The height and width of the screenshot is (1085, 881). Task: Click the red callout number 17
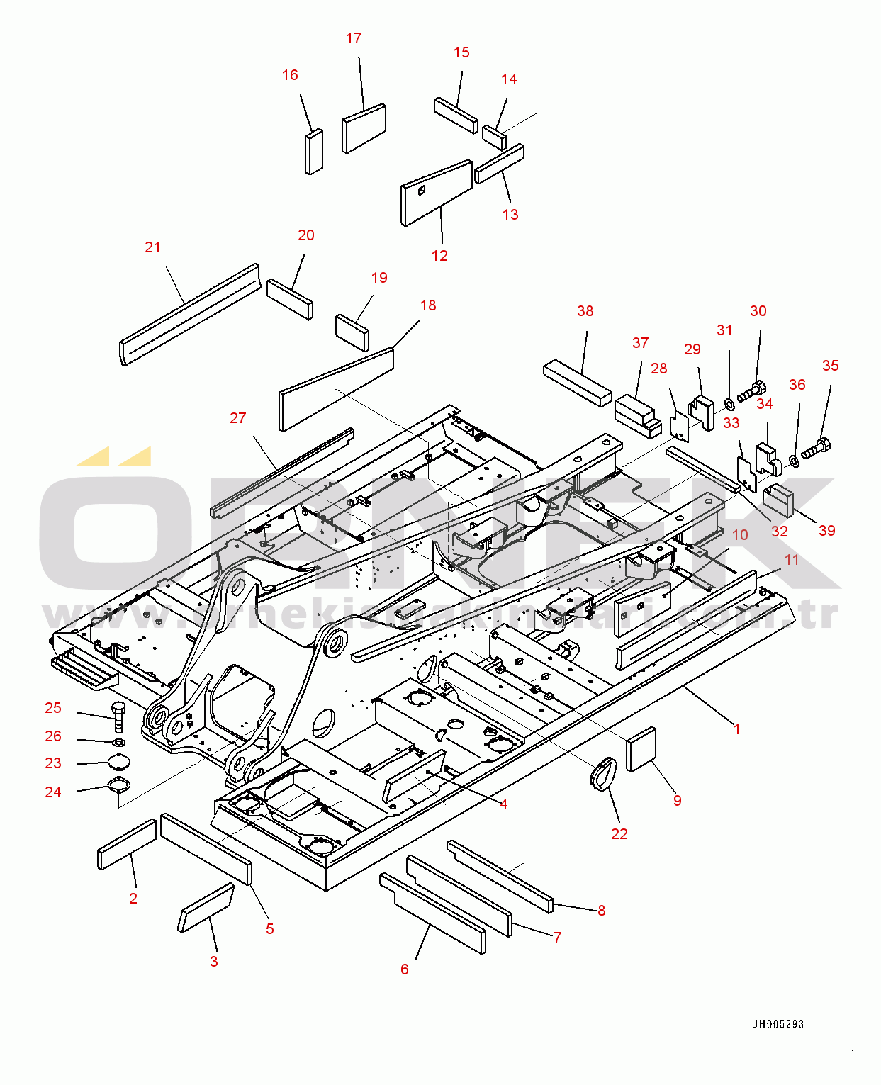point(354,38)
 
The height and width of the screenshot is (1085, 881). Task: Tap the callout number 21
point(152,247)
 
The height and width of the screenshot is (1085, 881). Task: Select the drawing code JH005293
point(778,1024)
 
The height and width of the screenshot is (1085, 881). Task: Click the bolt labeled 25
point(118,716)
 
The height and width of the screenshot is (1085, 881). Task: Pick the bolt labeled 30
point(751,391)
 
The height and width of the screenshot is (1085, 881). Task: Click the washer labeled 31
point(729,405)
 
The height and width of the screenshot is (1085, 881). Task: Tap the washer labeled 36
point(794,462)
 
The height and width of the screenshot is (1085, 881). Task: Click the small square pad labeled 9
point(641,748)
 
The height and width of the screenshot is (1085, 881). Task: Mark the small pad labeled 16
point(313,151)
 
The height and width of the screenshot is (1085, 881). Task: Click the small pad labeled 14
point(494,137)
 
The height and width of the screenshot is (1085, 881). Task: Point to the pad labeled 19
point(352,332)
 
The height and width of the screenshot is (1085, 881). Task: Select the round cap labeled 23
point(119,762)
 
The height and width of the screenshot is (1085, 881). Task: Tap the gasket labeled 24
point(118,785)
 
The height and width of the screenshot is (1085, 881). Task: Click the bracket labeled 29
point(701,412)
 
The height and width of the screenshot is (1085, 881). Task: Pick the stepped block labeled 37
point(636,416)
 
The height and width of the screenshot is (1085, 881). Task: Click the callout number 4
point(503,804)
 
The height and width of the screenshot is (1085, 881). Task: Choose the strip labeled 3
point(206,908)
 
